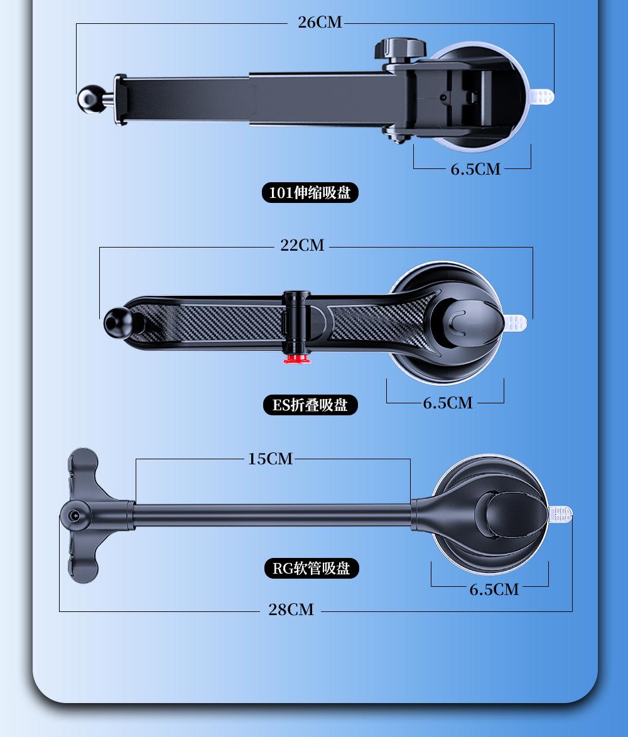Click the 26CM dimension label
click(320, 22)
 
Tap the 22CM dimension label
click(302, 245)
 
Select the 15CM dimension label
click(270, 458)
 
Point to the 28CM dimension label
click(291, 609)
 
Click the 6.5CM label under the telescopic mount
click(475, 169)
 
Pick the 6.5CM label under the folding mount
click(448, 403)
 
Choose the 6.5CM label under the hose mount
click(494, 589)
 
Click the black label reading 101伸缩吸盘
click(310, 193)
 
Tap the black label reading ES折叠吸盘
click(310, 405)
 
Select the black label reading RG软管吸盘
click(312, 568)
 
